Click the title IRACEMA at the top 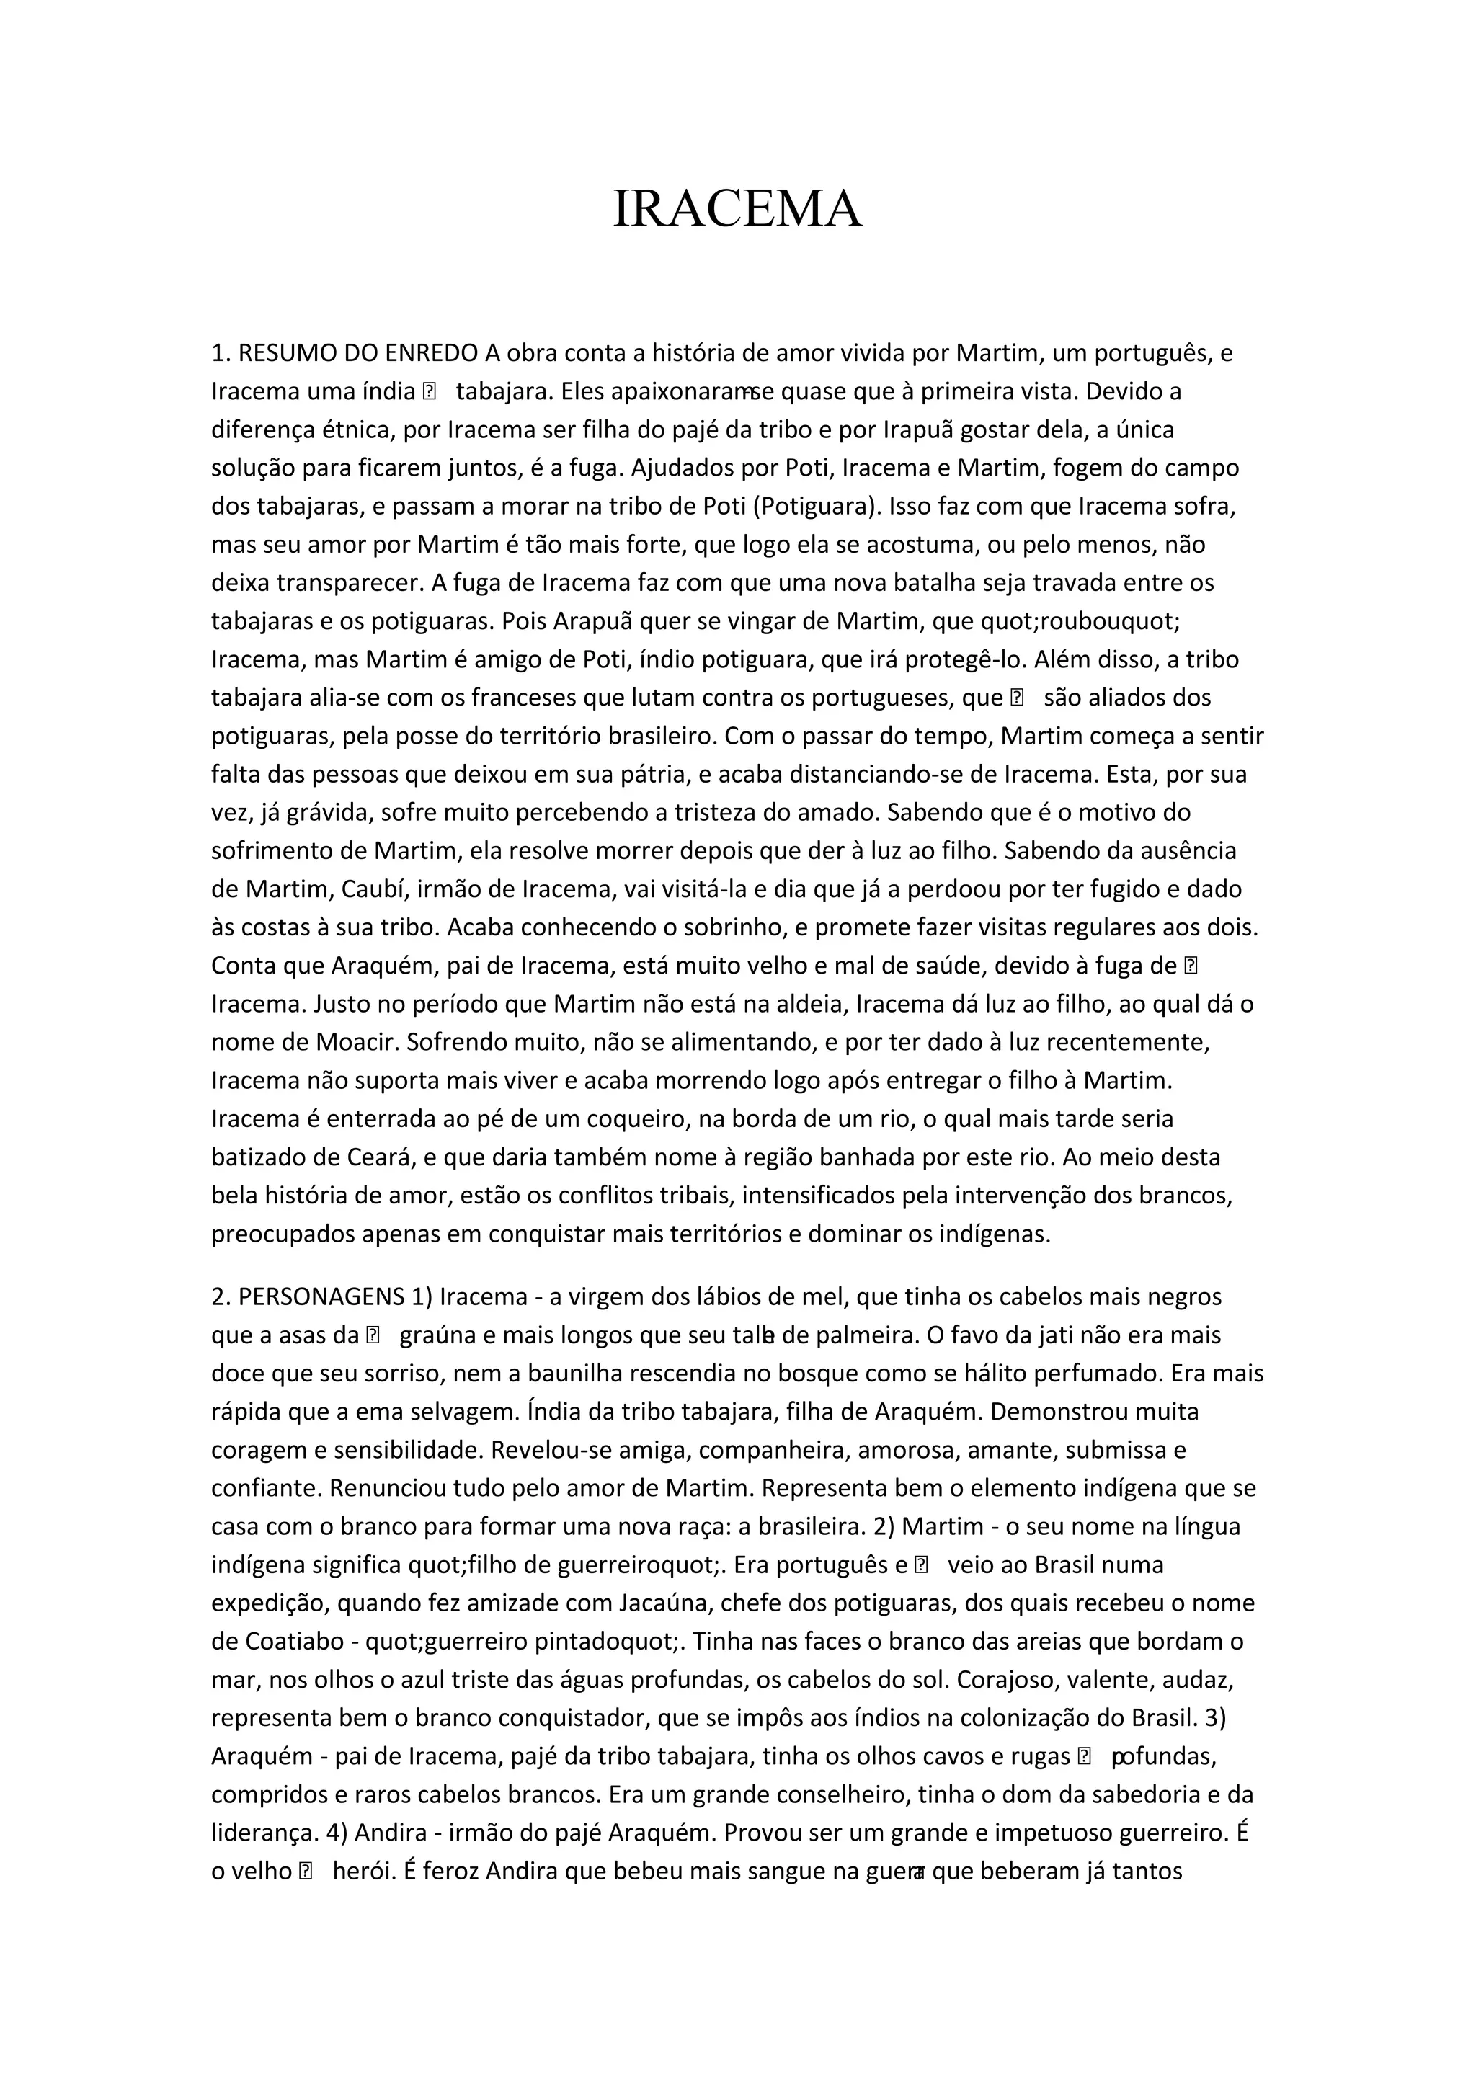(x=737, y=209)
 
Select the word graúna (x=438, y=1335)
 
